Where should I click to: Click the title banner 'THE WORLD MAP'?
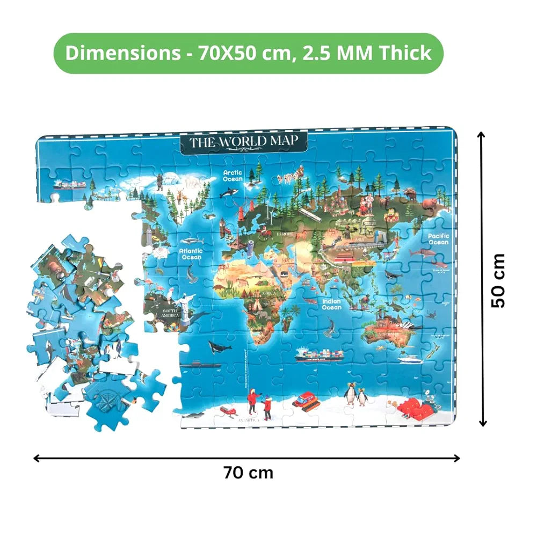tap(243, 142)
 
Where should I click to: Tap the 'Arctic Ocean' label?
tap(233, 176)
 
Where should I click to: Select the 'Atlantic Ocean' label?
tap(191, 253)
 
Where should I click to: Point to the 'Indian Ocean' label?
tap(332, 304)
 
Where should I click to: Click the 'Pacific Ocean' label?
tap(438, 238)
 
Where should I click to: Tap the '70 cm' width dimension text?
tap(248, 473)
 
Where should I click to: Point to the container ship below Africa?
tap(319, 355)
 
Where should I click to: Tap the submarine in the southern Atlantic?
tap(200, 365)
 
